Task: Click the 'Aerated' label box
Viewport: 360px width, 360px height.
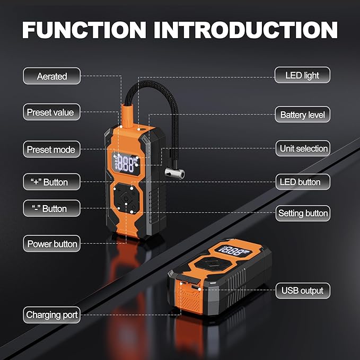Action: click(52, 76)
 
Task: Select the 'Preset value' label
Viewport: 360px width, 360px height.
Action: click(51, 112)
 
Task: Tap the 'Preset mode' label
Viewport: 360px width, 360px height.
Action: click(51, 150)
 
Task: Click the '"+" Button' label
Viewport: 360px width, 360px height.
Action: click(52, 182)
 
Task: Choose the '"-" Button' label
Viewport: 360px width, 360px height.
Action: click(52, 208)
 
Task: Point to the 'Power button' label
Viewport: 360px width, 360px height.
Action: click(52, 244)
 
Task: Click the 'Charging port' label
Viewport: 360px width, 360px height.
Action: click(52, 315)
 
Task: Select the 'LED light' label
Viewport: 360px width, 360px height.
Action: click(302, 75)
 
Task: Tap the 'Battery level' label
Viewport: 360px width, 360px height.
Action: click(302, 115)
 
